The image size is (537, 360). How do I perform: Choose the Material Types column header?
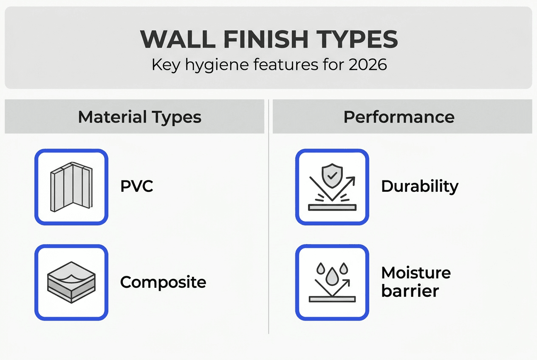140,117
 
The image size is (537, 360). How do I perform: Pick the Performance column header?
399,117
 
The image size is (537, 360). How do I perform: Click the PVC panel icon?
71,187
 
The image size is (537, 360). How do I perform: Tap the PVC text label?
136,187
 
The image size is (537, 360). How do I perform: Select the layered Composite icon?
71,282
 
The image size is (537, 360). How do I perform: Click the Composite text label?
163,282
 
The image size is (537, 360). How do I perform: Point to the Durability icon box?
332,187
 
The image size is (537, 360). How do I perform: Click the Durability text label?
420,187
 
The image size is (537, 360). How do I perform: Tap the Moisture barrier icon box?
332,282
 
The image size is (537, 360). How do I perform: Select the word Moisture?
416,273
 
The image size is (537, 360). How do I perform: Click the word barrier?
410,291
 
